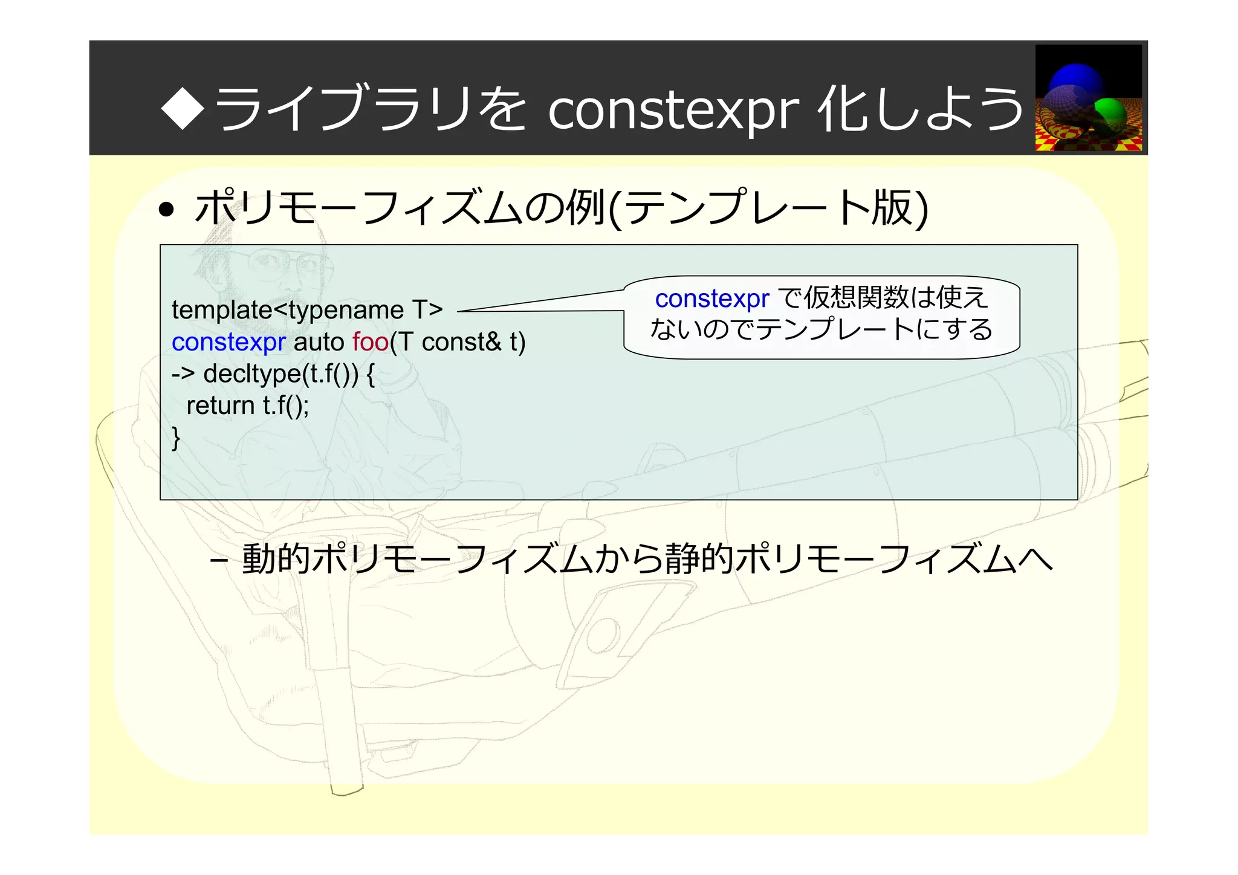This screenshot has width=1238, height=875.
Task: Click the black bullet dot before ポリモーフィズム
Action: click(x=166, y=210)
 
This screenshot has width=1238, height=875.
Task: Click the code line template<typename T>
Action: click(x=307, y=310)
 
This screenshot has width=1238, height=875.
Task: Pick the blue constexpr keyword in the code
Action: click(x=228, y=342)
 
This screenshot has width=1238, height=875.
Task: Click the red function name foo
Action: click(x=370, y=342)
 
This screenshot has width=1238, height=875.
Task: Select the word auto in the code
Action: click(x=319, y=342)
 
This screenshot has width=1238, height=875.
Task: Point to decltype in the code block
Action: click(x=252, y=374)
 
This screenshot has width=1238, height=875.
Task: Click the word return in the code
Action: click(x=220, y=405)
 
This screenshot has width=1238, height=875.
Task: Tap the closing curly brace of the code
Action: click(x=176, y=437)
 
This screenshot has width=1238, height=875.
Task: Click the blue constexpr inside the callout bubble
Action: click(x=711, y=299)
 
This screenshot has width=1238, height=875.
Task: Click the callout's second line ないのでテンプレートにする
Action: click(x=821, y=330)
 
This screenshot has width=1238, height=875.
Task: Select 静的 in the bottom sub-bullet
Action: click(x=698, y=558)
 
